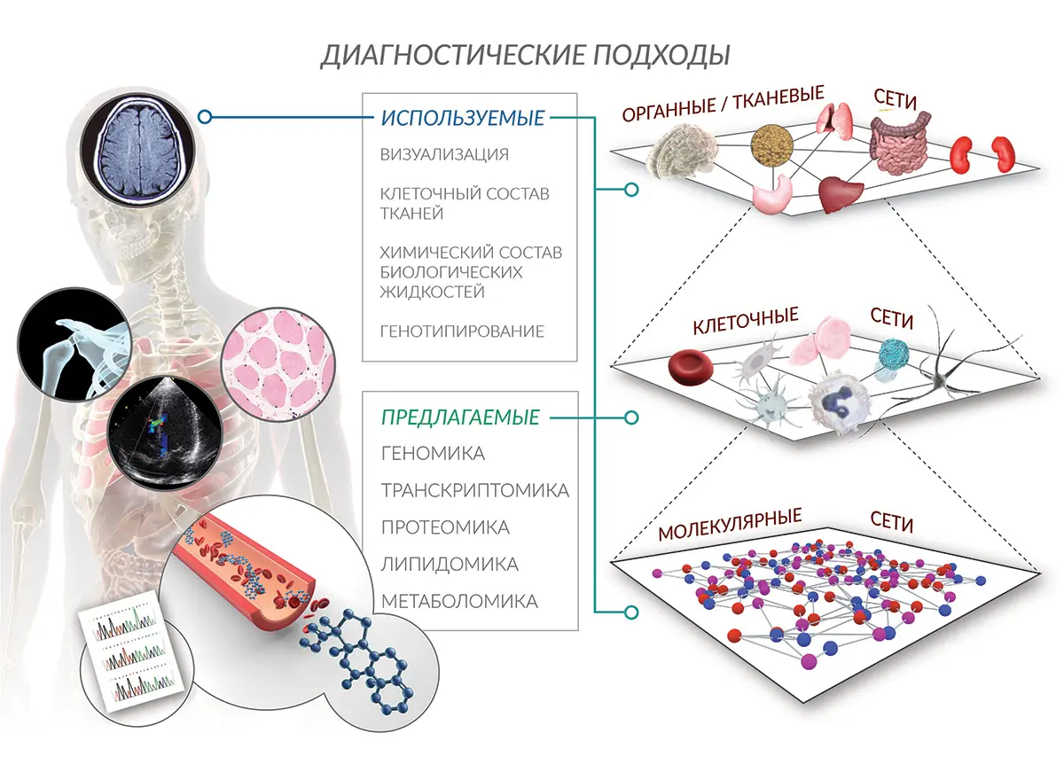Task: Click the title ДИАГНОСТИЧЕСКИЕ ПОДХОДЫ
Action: click(x=525, y=55)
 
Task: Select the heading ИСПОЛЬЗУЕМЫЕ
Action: click(x=462, y=118)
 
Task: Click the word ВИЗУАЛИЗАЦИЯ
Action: click(x=444, y=154)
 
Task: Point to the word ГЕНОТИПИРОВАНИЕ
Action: click(x=461, y=331)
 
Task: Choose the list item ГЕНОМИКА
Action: click(x=432, y=454)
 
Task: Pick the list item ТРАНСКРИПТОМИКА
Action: click(x=474, y=490)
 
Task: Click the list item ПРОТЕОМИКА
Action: click(x=444, y=527)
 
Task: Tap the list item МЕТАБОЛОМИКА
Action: click(x=459, y=601)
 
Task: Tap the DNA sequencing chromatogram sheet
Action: click(x=133, y=654)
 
